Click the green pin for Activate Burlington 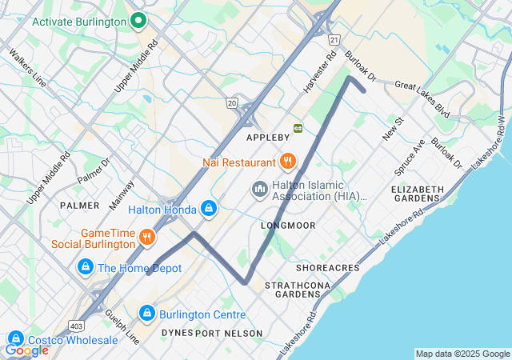pyautogui.click(x=138, y=21)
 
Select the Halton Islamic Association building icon pyautogui.click(x=259, y=190)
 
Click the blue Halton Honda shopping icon pyautogui.click(x=209, y=210)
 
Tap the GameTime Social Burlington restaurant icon pyautogui.click(x=146, y=237)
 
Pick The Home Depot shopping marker pyautogui.click(x=85, y=268)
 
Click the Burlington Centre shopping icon pyautogui.click(x=146, y=314)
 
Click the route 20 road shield pyautogui.click(x=231, y=102)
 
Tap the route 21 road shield pyautogui.click(x=334, y=39)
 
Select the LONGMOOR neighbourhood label pyautogui.click(x=288, y=226)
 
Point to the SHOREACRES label pyautogui.click(x=327, y=267)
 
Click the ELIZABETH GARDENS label pyautogui.click(x=417, y=194)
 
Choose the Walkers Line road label pyautogui.click(x=27, y=69)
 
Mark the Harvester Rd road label pyautogui.click(x=318, y=71)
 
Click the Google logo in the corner pyautogui.click(x=26, y=350)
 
